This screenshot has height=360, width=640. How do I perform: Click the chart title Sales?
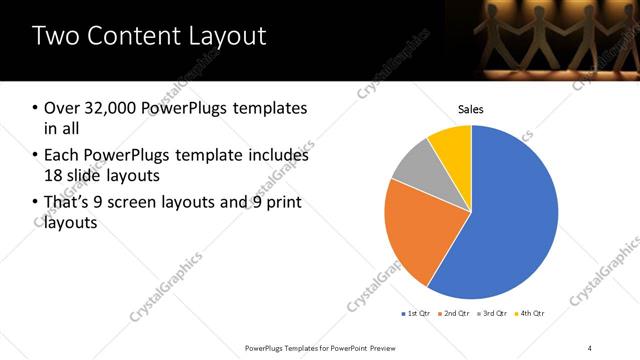pyautogui.click(x=470, y=108)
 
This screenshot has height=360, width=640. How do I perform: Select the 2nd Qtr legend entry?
pyautogui.click(x=454, y=314)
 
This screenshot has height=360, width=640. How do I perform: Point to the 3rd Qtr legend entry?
pyautogui.click(x=493, y=314)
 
